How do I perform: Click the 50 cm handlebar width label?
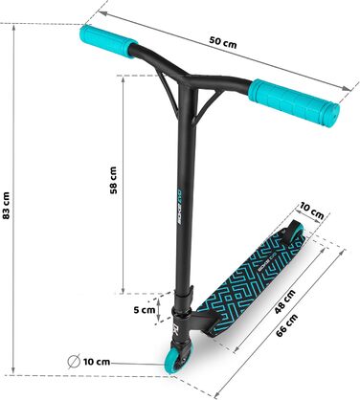tap(223, 42)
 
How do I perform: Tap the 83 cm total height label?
tap(6, 205)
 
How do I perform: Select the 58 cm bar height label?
tap(113, 180)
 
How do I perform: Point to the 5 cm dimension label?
tap(145, 310)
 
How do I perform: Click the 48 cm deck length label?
tap(284, 301)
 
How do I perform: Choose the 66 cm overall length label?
tap(286, 325)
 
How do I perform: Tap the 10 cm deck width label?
tap(312, 211)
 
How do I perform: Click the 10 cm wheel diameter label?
tap(97, 362)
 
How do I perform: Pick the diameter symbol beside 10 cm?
tap(74, 362)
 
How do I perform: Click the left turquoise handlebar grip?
tap(108, 41)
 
